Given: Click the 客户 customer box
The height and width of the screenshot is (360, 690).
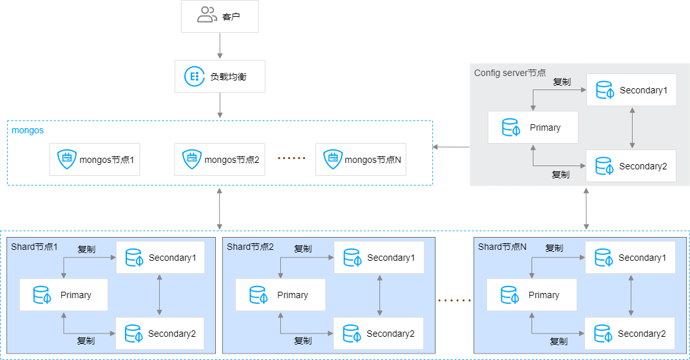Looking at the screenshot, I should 219,16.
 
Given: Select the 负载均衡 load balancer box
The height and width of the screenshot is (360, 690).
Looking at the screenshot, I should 219,77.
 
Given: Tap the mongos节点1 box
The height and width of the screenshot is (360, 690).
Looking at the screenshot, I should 95,159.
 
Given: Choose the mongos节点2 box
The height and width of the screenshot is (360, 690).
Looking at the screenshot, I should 220,159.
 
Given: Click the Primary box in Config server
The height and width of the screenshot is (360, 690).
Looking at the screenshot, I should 533,128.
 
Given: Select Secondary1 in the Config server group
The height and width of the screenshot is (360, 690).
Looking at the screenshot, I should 631,90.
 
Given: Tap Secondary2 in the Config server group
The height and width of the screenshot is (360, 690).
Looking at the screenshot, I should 631,166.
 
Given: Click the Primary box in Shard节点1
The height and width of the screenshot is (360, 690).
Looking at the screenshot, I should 64,295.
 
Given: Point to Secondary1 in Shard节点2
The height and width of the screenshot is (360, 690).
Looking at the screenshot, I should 379,258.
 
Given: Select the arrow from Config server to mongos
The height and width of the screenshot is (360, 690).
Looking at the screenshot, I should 451,147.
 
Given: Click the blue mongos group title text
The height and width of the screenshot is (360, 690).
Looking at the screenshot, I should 28,130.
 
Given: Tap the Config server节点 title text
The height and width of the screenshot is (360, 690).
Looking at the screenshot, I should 510,73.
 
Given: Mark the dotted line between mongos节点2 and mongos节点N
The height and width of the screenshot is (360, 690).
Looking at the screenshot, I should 291,158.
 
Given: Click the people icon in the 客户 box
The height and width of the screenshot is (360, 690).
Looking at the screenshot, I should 207,15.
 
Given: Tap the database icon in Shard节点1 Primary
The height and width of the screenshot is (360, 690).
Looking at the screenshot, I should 43,295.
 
